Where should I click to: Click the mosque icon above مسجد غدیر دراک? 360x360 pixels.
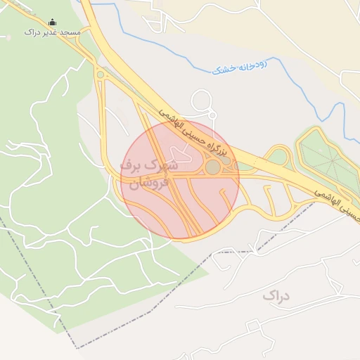[x=52, y=22]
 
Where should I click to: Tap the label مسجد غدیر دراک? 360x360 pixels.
[x=52, y=33]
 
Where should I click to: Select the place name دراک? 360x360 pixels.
[x=276, y=295]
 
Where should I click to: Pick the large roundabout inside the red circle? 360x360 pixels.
[x=212, y=167]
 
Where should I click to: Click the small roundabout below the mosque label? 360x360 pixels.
[x=101, y=75]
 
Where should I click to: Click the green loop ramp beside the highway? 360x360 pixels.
[x=278, y=155]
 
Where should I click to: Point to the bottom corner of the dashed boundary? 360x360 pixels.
[x=77, y=347]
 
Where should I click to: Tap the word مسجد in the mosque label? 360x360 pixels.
[x=71, y=33]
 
